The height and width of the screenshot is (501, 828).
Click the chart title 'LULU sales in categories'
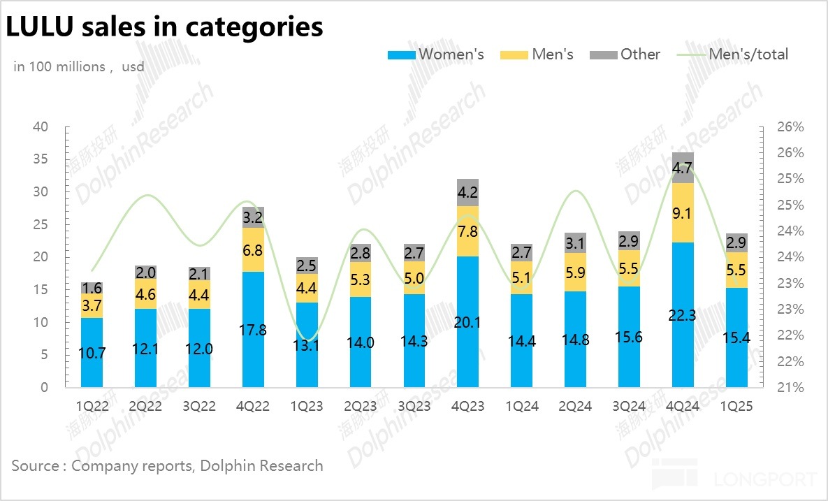point(165,27)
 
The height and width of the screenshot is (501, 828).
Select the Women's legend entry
point(435,55)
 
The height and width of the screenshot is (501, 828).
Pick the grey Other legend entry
point(625,55)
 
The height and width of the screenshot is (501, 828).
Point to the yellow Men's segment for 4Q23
point(467,231)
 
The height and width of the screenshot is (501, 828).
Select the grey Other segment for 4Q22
point(253,217)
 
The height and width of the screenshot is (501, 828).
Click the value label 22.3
point(683,316)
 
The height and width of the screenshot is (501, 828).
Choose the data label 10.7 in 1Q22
point(92,353)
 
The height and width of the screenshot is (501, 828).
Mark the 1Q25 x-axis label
point(736,406)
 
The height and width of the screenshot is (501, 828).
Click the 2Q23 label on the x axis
point(361,406)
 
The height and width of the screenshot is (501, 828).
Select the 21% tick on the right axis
point(790,387)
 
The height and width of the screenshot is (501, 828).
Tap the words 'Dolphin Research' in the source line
point(261,465)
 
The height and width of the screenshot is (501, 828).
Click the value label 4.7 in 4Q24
point(683,168)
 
